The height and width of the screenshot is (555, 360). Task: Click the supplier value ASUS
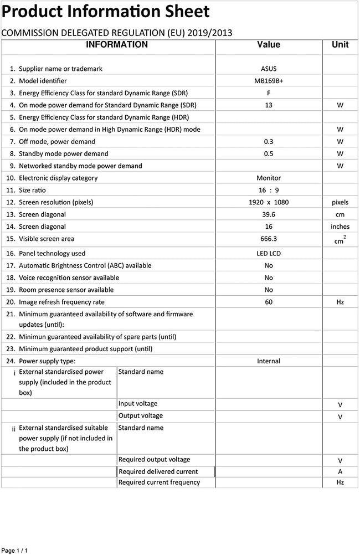[x=269, y=69]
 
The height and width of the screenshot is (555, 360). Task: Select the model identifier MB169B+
[x=269, y=81]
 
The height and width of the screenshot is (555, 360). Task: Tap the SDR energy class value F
[x=269, y=93]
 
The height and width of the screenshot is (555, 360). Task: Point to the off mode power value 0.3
[x=269, y=142]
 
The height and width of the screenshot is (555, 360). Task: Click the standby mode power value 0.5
[x=269, y=154]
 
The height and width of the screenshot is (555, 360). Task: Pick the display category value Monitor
[x=269, y=178]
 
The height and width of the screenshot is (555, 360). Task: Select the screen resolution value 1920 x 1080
[x=269, y=203]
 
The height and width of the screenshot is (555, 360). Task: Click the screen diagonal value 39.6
[x=269, y=215]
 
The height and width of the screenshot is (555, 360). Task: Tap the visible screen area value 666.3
[x=269, y=239]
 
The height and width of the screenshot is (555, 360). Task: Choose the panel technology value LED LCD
[x=269, y=254]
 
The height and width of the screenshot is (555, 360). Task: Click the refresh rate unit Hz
[x=340, y=302]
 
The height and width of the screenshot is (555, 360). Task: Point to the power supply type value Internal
[x=269, y=361]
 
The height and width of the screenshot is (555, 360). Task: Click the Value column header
[x=269, y=45]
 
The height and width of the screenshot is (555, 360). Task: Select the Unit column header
[x=340, y=45]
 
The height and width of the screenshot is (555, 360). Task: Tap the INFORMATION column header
[x=117, y=45]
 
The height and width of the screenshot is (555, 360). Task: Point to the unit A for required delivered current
[x=340, y=472]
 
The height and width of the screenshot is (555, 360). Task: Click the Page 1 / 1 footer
[x=14, y=550]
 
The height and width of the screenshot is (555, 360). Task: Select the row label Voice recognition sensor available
[x=69, y=278]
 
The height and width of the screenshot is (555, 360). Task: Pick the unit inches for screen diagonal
[x=340, y=227]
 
